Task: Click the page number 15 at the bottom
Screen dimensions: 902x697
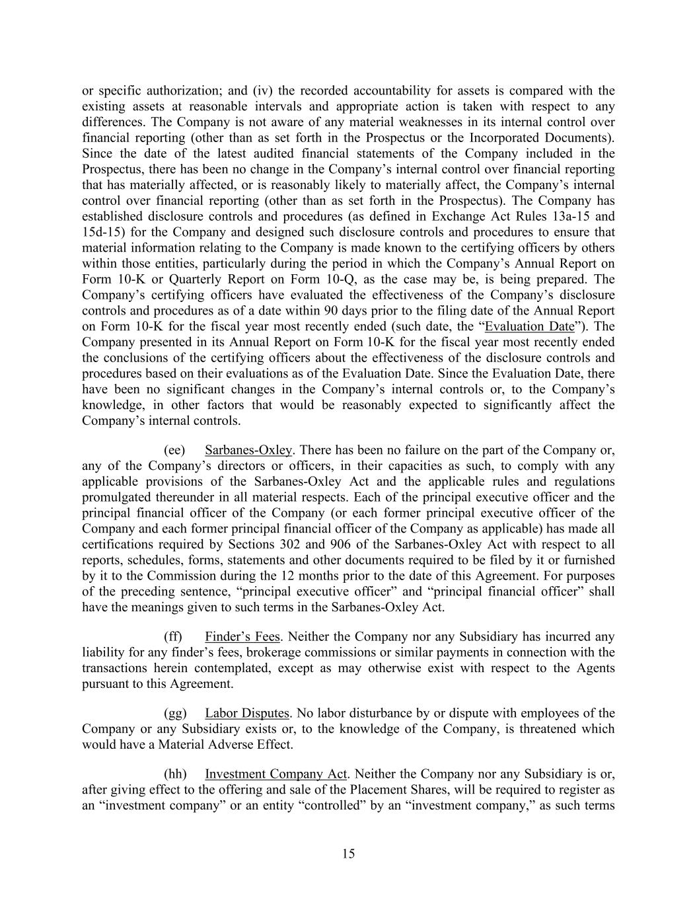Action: (x=348, y=854)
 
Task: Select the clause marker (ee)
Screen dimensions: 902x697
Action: (x=174, y=451)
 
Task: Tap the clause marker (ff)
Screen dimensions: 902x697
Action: (x=173, y=637)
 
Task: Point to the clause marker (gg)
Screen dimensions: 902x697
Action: (x=174, y=714)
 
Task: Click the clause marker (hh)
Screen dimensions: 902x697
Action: (x=174, y=774)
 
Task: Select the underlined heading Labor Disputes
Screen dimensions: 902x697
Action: (x=246, y=714)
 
